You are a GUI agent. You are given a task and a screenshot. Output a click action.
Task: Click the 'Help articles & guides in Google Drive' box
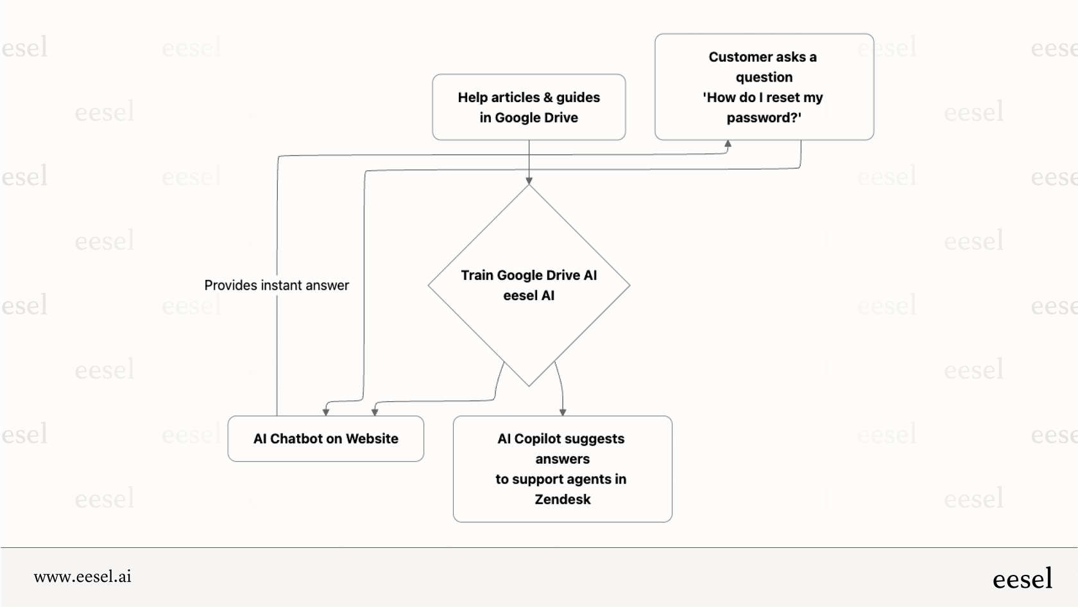(529, 107)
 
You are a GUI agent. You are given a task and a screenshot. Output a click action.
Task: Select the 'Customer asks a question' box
(764, 87)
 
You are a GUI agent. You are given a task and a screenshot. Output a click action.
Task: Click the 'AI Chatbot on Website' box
(325, 439)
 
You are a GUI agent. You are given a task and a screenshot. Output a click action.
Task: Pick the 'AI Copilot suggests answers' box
(562, 468)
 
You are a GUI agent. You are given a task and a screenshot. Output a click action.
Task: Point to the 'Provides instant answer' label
(277, 285)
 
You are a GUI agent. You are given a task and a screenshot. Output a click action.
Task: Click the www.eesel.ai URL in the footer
(83, 576)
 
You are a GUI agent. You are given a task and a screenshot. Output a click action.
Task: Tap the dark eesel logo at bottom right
(1022, 579)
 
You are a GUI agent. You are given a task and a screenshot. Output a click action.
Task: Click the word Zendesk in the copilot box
(563, 499)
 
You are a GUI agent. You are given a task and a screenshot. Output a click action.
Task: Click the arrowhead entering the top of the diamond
(529, 181)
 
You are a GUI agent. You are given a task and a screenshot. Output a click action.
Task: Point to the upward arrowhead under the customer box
(728, 144)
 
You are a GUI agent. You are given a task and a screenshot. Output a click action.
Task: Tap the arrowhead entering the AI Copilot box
(563, 412)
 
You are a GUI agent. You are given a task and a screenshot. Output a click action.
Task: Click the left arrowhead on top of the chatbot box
(326, 412)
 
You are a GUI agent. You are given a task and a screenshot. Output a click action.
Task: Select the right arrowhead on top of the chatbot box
(375, 412)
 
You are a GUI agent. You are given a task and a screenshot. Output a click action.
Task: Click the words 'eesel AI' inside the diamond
(529, 295)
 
